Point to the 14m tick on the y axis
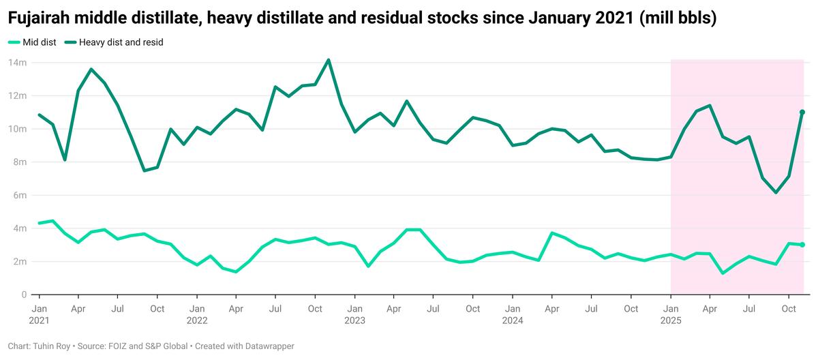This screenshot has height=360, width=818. (x=17, y=63)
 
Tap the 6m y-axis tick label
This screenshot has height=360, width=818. (x=19, y=195)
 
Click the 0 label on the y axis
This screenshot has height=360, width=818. (x=24, y=295)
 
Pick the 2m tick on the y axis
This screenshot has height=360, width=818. (x=19, y=261)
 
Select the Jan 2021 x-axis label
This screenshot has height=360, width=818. (x=39, y=314)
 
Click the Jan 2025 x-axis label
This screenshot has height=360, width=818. (x=671, y=314)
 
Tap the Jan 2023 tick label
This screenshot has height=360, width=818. (x=354, y=314)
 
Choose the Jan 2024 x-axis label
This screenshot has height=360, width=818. (x=513, y=314)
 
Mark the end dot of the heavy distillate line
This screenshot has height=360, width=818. (x=802, y=112)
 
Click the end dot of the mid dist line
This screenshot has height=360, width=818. (x=802, y=245)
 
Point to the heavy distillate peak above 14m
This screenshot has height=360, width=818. (x=329, y=60)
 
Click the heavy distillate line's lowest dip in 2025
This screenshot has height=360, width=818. (x=776, y=193)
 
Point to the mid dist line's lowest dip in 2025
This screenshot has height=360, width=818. (x=723, y=273)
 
